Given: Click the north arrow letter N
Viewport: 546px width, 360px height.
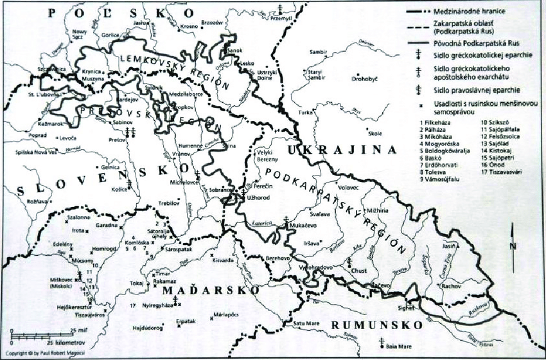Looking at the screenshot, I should pos(513,246).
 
